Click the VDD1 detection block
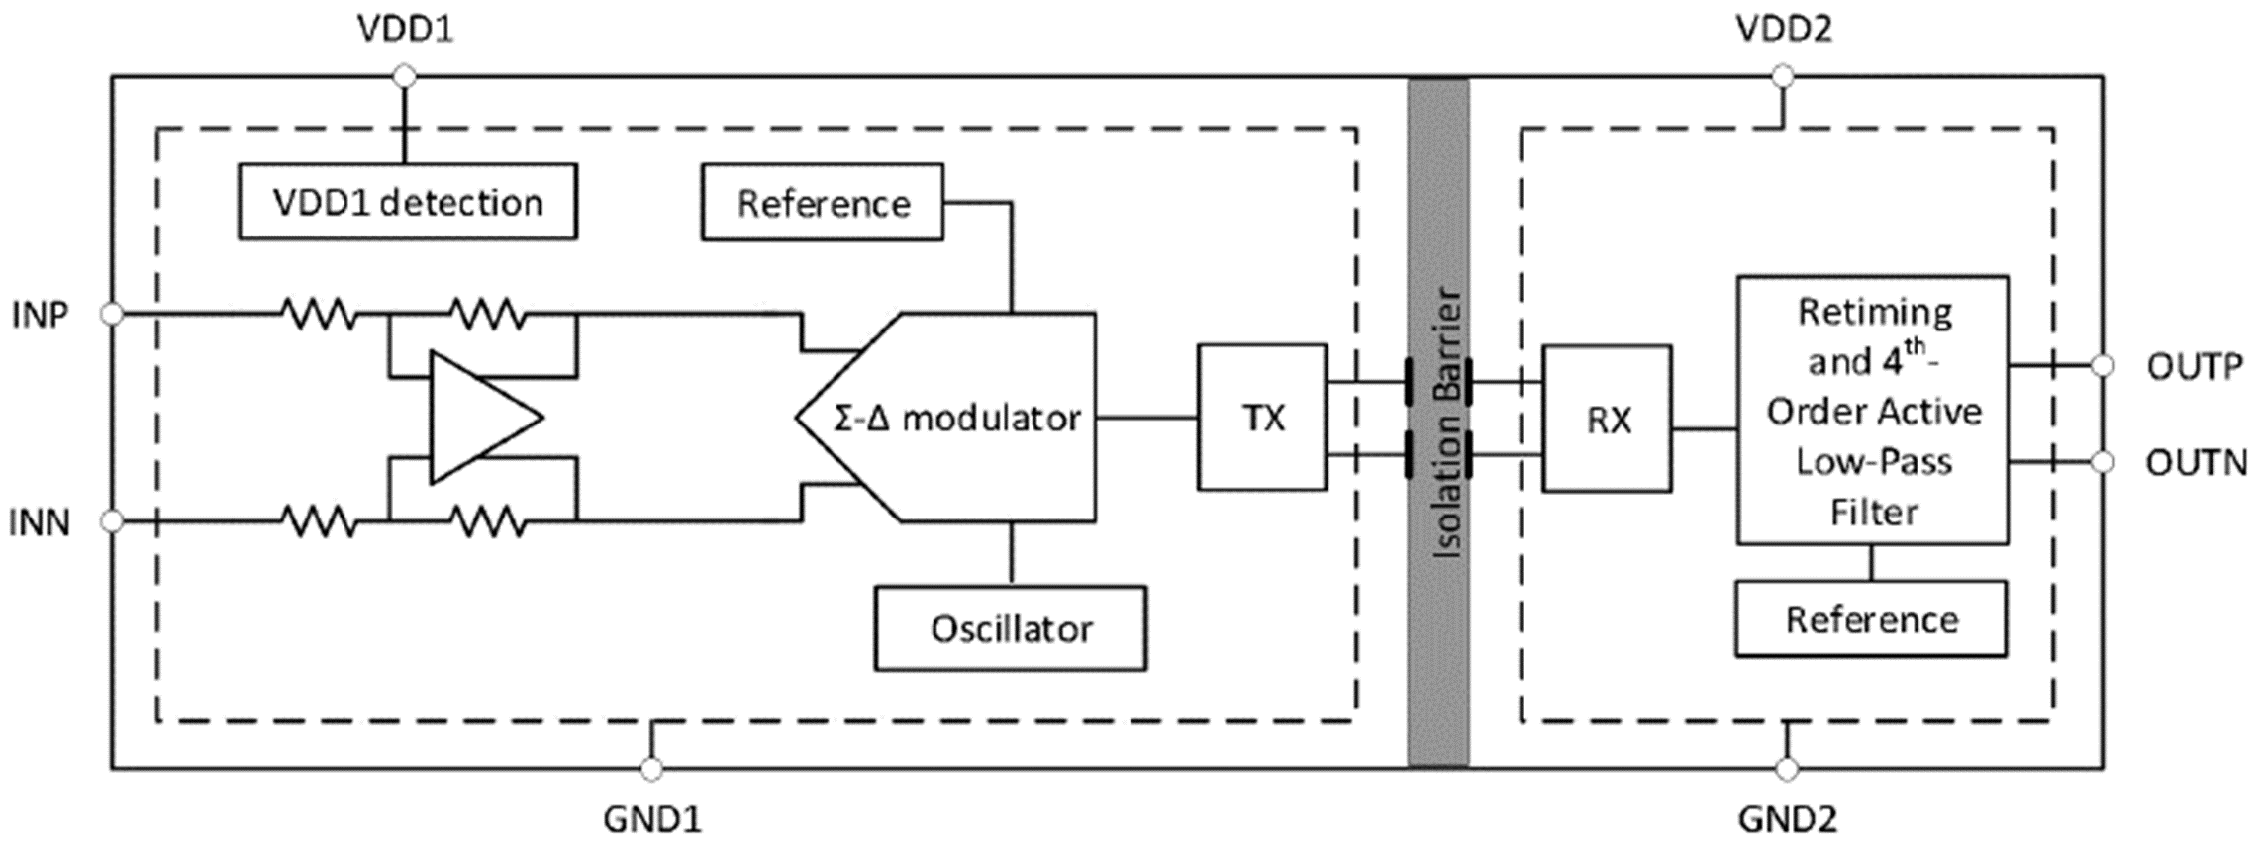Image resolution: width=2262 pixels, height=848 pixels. click(407, 203)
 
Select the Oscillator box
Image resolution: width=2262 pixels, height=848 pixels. click(1010, 628)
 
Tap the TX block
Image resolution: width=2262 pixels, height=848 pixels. click(1262, 418)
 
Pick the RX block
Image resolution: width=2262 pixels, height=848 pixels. click(1608, 420)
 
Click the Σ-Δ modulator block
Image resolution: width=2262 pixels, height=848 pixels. click(956, 418)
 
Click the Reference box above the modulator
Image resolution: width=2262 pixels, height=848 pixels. click(823, 203)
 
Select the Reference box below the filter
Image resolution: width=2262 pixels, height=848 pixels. click(1871, 619)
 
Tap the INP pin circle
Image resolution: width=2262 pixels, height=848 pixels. click(112, 314)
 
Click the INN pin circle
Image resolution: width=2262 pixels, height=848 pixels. click(112, 520)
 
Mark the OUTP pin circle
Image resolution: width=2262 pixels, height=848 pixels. click(2103, 366)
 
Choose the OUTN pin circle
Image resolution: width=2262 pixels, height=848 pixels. click(2103, 462)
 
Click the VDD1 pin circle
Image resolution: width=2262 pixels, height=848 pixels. click(404, 76)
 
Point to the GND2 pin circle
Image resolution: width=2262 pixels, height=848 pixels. click(1787, 768)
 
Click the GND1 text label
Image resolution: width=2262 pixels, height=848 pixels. click(651, 819)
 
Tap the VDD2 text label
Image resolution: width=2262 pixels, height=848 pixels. click(1784, 29)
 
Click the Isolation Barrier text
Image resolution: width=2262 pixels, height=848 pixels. click(1446, 423)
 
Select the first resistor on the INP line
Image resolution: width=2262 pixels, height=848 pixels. click(319, 314)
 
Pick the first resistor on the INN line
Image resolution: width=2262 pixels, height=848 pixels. click(319, 520)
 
